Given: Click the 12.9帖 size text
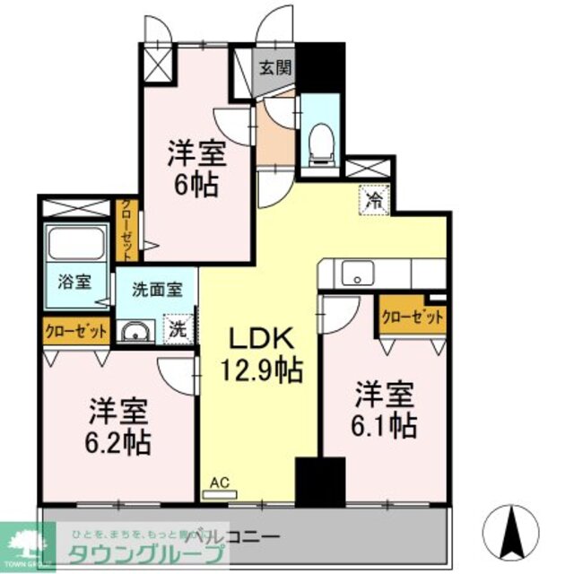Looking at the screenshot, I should (x=261, y=369).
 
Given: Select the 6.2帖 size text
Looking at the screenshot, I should (x=119, y=441).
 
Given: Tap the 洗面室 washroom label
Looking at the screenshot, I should (x=157, y=290).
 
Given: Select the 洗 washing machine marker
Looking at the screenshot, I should (x=178, y=328).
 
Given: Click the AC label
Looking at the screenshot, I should (x=220, y=483).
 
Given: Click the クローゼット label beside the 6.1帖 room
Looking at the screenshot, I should (x=413, y=317).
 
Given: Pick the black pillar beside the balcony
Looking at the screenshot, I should (x=320, y=482).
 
